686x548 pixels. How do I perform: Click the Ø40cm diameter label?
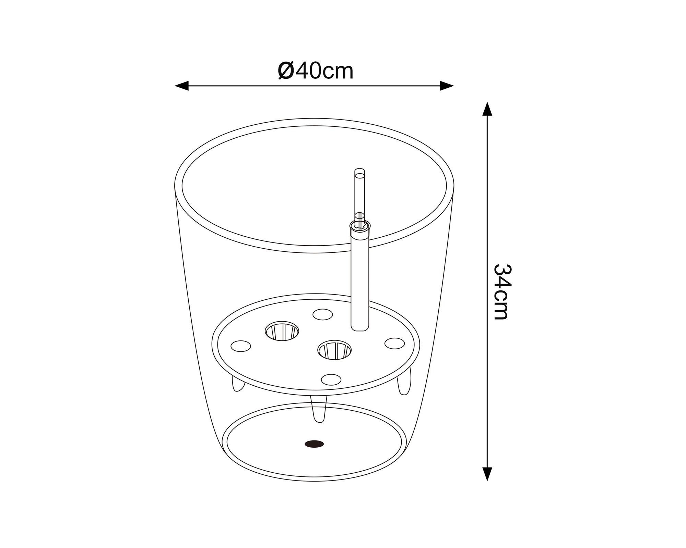pos(315,71)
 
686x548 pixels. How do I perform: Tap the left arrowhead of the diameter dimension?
pos(182,86)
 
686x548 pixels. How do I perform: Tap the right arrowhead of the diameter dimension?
pos(447,86)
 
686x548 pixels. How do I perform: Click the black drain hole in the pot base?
pos(314,444)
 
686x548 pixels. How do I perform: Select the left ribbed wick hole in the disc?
pos(282,331)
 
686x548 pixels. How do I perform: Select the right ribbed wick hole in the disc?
pos(335,350)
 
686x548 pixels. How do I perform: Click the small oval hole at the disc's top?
pos(323,314)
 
